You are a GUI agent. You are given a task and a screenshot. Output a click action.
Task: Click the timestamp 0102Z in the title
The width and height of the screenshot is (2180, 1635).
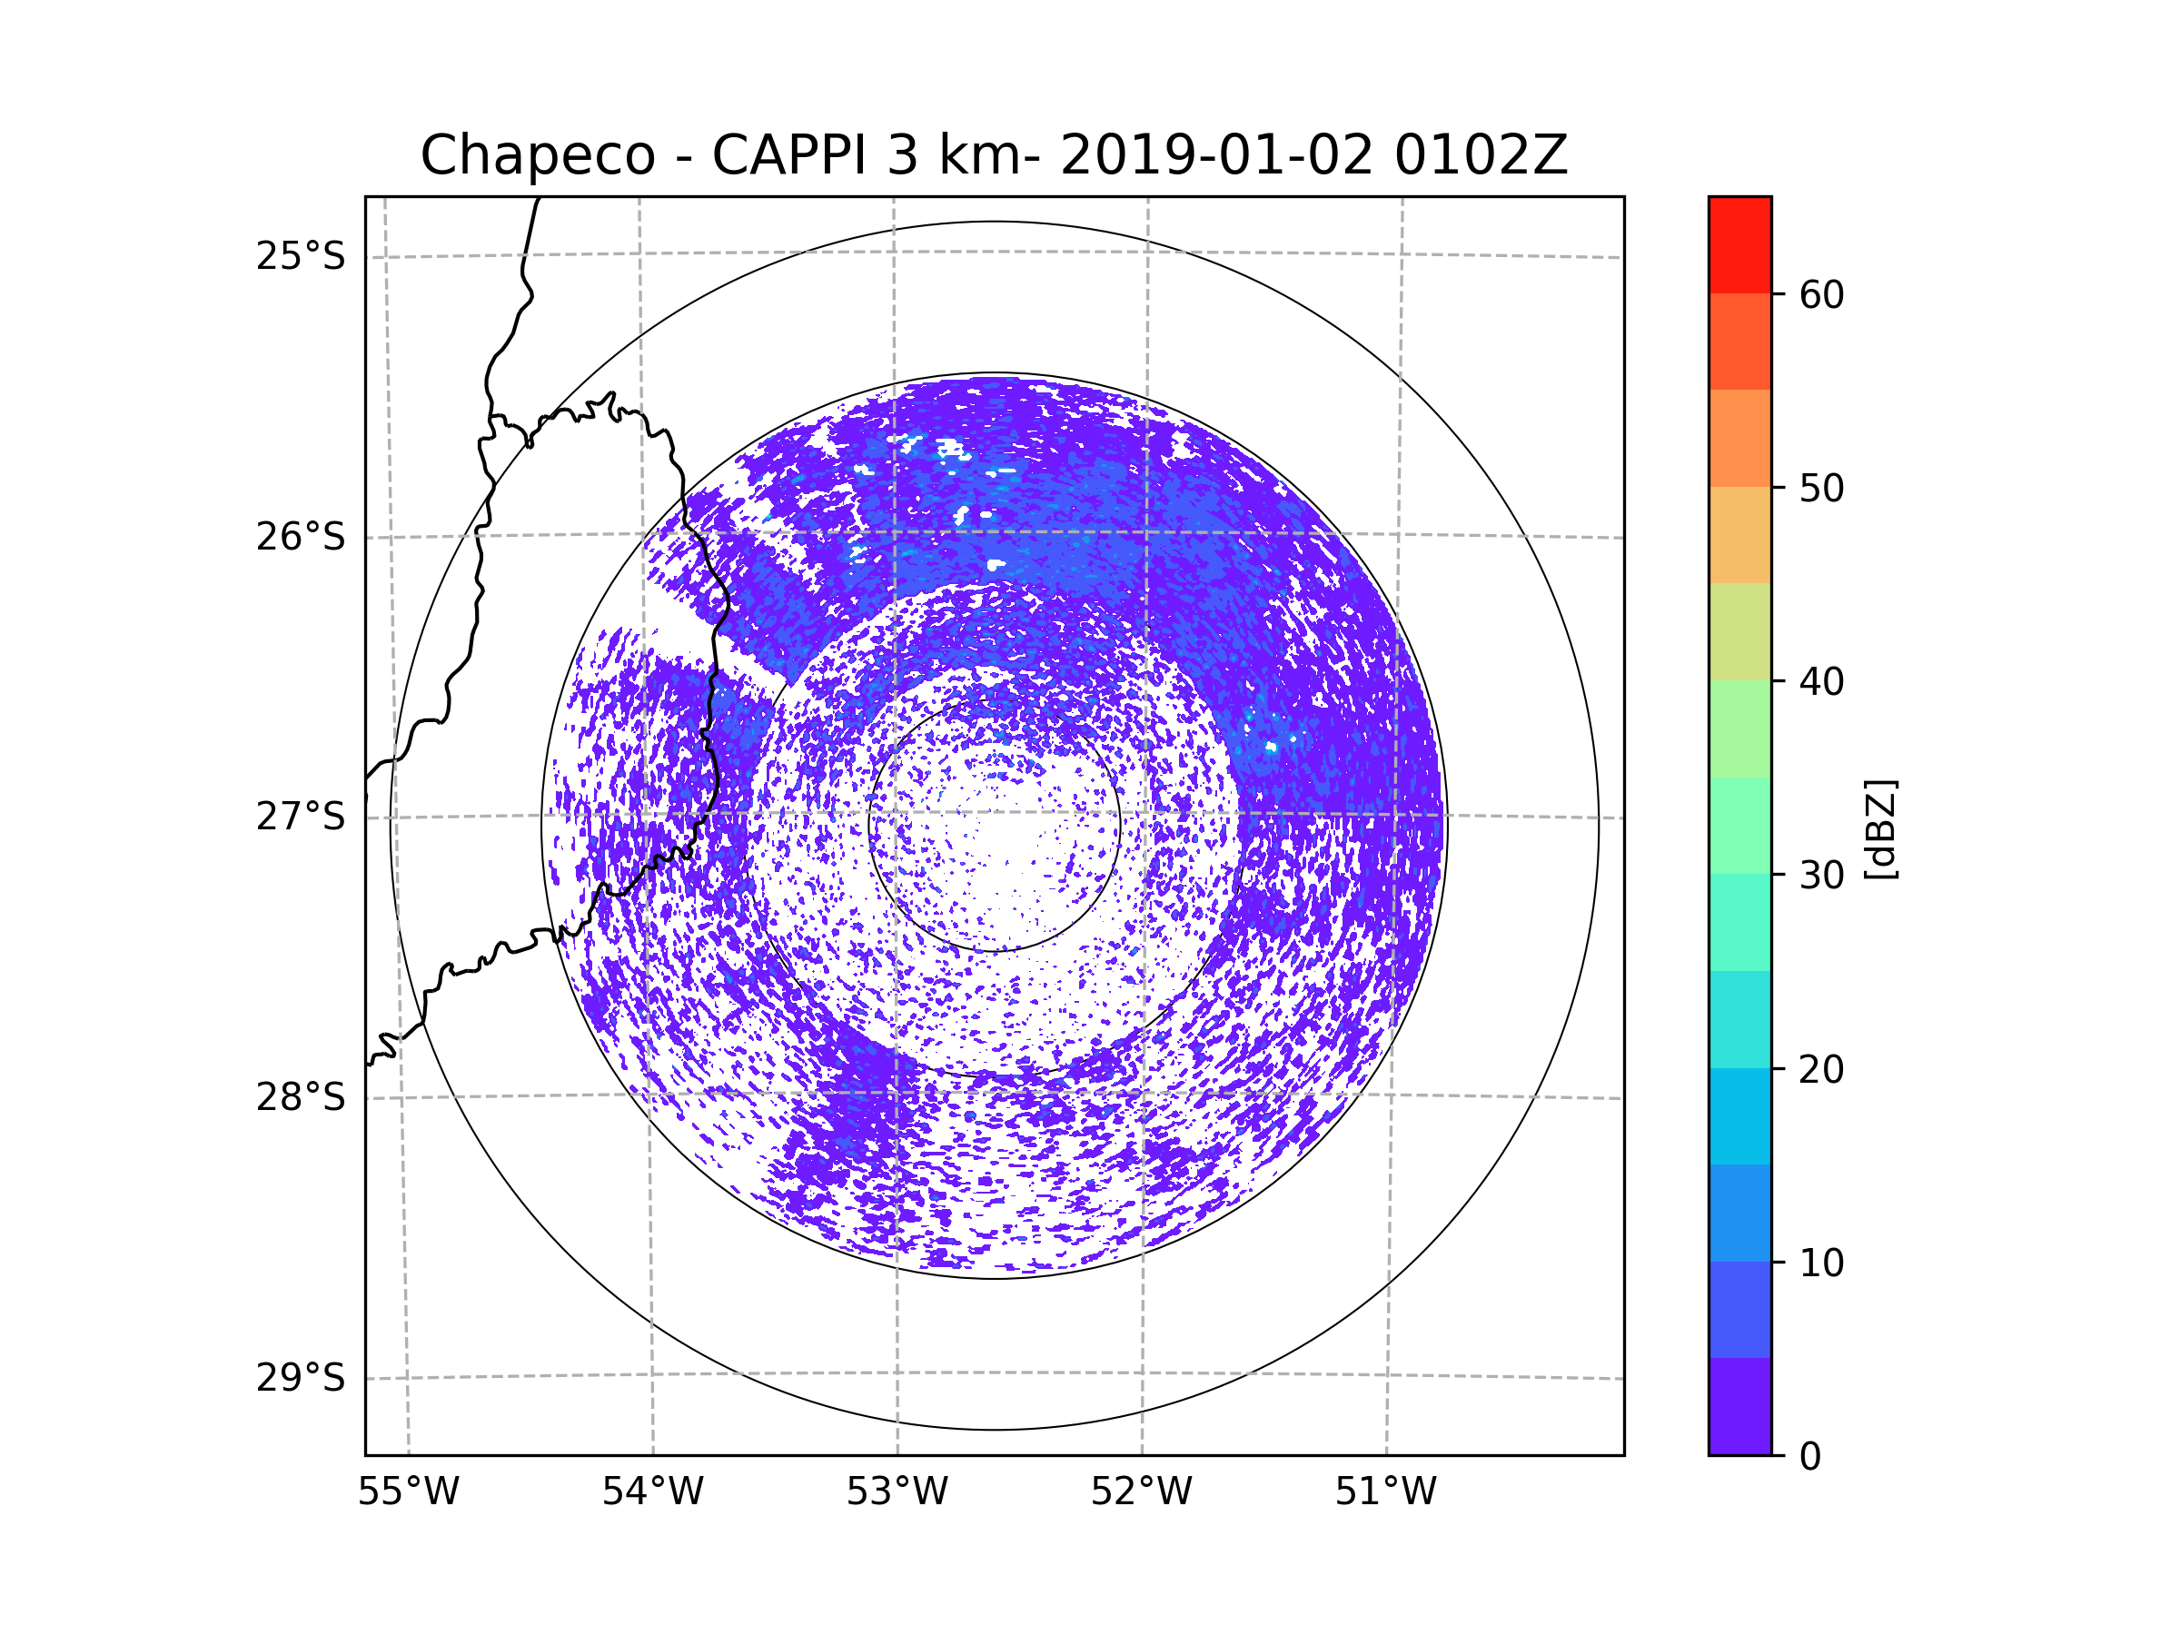1481,154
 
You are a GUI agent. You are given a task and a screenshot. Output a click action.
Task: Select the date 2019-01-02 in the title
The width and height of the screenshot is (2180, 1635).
1216,154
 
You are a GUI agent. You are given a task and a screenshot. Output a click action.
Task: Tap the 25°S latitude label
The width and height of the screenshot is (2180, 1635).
301,256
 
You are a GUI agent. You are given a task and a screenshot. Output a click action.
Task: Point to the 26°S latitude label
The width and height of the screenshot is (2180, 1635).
301,537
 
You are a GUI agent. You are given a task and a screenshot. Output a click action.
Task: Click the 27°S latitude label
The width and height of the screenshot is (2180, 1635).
301,817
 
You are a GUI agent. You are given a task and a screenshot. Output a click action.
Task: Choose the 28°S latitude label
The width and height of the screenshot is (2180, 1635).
301,1097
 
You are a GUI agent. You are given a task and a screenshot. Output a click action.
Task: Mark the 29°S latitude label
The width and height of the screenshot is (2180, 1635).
301,1378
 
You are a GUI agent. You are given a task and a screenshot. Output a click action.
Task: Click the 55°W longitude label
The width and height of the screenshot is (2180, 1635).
408,1492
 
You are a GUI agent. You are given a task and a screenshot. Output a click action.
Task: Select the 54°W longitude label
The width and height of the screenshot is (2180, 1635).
652,1492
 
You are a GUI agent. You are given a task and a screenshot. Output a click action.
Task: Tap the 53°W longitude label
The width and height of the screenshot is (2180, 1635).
897,1492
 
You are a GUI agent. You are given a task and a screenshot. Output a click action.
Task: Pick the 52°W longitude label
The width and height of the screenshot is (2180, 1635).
1141,1492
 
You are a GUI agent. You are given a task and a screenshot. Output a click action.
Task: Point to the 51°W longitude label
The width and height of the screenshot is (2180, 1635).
1385,1492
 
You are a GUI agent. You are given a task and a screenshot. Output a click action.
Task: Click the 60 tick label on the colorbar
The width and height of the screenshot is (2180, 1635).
1821,294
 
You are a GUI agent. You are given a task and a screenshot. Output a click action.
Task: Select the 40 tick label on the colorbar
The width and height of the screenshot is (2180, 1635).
1821,681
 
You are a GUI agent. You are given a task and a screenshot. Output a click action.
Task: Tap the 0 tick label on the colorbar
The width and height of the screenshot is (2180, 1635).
1810,1457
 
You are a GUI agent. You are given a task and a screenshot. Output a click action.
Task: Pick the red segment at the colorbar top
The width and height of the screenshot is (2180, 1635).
1739,244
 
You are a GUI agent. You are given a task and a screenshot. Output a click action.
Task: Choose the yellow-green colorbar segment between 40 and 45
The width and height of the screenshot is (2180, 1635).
1739,631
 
